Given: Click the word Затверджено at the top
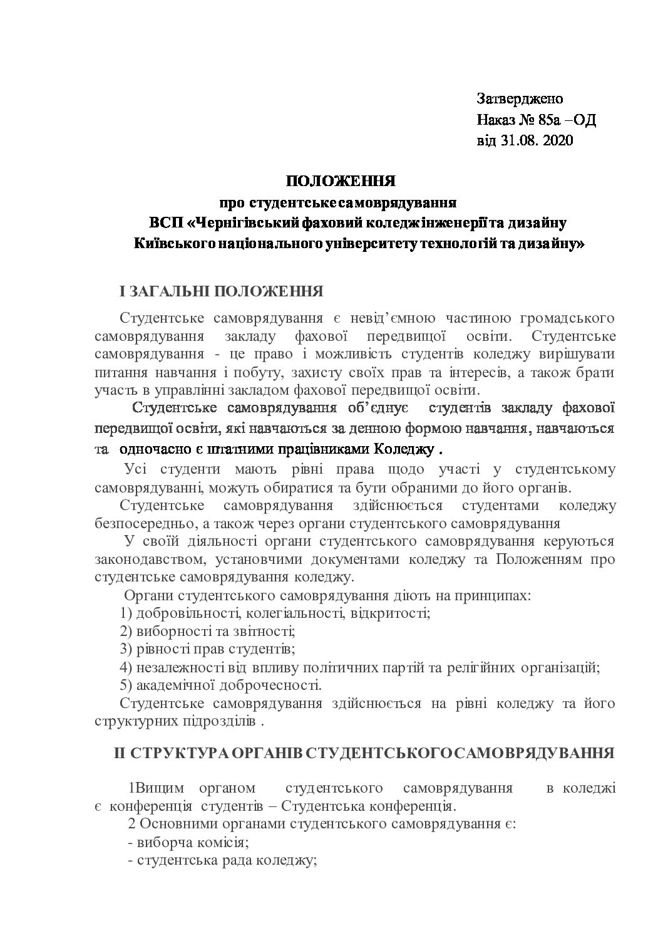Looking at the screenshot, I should [520, 99].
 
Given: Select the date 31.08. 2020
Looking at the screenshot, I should [537, 141].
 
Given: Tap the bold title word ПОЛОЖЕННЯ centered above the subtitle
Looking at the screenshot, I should [341, 182].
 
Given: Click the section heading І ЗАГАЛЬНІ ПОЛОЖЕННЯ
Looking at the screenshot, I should [221, 292].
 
